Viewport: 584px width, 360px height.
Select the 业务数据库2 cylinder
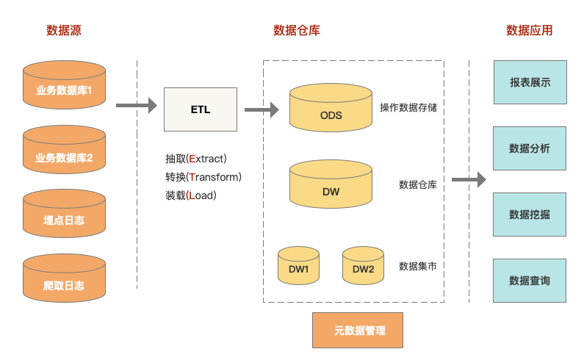[x=64, y=152]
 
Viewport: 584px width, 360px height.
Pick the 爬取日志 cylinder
[x=64, y=281]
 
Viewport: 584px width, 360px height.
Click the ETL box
[x=200, y=109]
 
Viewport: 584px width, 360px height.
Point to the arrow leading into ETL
[x=137, y=106]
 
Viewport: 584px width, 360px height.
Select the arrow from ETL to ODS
[x=262, y=110]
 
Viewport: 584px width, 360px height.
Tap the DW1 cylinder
[x=298, y=267]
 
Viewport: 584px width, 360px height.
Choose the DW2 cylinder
[x=363, y=267]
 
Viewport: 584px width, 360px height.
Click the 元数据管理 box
[x=358, y=330]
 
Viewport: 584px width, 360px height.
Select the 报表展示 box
[x=530, y=82]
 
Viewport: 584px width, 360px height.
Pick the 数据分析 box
[x=530, y=148]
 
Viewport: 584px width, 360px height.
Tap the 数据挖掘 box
[x=530, y=214]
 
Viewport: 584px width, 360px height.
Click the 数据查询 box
[x=530, y=280]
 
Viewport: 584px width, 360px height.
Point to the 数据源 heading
[x=64, y=31]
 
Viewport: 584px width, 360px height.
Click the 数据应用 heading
[x=530, y=31]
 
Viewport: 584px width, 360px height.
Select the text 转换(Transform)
[x=203, y=177]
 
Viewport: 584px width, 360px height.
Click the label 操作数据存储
[x=408, y=108]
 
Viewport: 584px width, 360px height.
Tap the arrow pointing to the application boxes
[x=469, y=179]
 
